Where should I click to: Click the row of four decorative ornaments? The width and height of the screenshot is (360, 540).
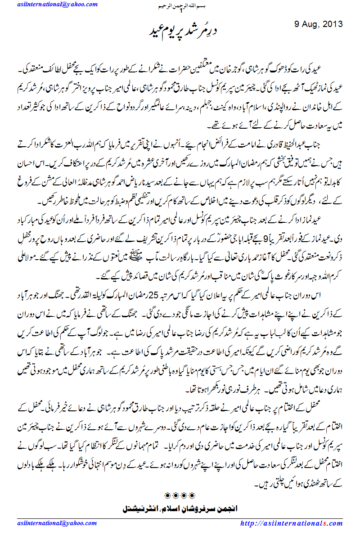(180, 497)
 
